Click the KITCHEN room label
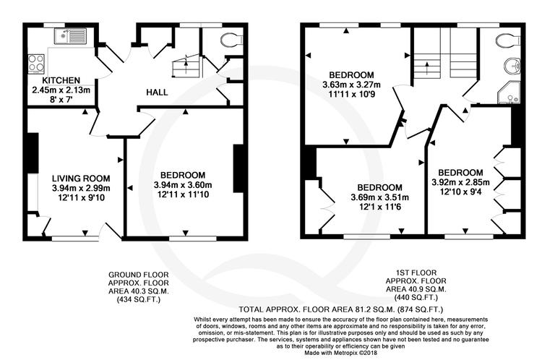(61, 80)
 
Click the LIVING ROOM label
(80, 179)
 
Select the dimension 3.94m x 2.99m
(80, 188)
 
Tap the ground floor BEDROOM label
(183, 175)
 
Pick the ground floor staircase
(185, 68)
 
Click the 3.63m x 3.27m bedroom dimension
(352, 85)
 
